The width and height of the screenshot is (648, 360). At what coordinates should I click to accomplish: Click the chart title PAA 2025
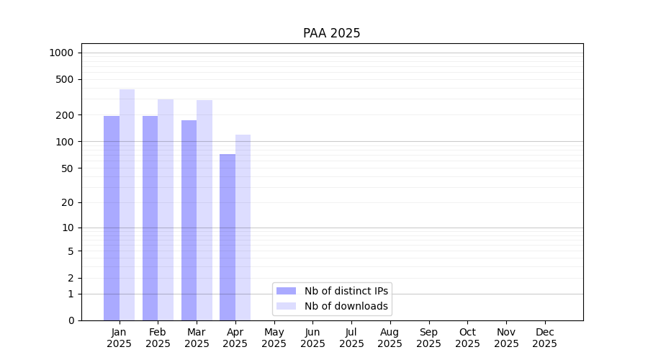click(x=331, y=33)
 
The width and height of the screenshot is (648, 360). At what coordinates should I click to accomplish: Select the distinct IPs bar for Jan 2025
click(x=112, y=218)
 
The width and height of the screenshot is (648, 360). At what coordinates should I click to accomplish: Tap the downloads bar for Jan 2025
click(x=127, y=205)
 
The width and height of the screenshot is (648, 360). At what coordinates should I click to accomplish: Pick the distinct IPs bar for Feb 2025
click(x=150, y=218)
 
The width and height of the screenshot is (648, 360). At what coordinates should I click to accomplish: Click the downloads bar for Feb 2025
click(x=166, y=210)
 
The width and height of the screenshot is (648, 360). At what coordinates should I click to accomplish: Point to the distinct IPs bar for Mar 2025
click(x=189, y=220)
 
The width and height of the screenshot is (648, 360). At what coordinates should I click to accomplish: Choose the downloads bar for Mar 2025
click(x=204, y=210)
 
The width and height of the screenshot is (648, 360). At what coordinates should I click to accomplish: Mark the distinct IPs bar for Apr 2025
click(x=228, y=238)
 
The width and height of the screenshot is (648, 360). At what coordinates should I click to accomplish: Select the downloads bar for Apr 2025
click(x=243, y=228)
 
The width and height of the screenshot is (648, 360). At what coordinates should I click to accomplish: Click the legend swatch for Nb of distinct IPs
click(x=286, y=291)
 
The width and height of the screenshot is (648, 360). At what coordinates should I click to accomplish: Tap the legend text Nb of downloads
click(x=346, y=306)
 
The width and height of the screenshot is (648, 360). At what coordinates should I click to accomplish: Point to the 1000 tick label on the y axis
click(x=61, y=53)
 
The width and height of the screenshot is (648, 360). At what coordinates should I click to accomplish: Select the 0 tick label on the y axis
click(x=71, y=320)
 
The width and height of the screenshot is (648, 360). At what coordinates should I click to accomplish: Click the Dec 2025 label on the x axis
click(x=544, y=338)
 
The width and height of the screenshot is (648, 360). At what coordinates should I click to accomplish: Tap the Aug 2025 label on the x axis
click(x=390, y=338)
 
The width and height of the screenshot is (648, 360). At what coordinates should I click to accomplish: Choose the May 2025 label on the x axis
click(x=274, y=338)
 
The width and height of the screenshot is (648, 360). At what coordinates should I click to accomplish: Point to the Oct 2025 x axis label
click(x=467, y=338)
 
